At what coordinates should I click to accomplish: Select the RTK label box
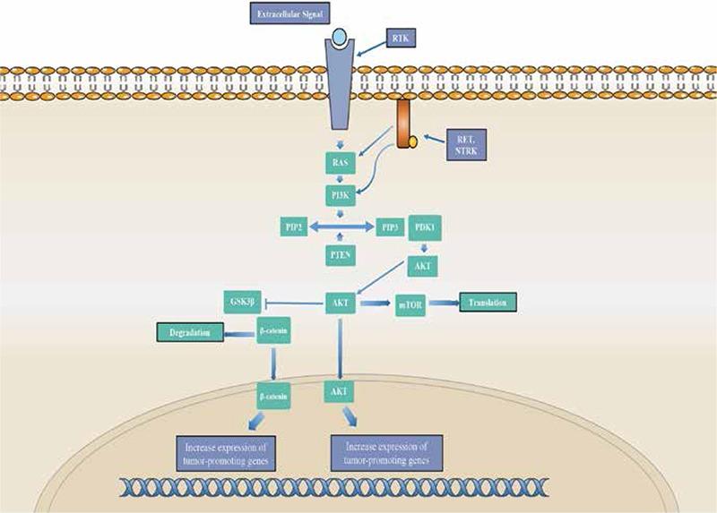point(402,38)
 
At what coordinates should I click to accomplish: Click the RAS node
point(339,165)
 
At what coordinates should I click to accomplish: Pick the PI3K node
point(339,192)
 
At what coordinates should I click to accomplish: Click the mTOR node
point(408,304)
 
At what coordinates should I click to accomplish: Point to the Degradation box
point(188,332)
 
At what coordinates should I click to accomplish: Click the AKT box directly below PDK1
point(424,266)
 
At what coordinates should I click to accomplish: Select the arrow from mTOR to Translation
point(442,304)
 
